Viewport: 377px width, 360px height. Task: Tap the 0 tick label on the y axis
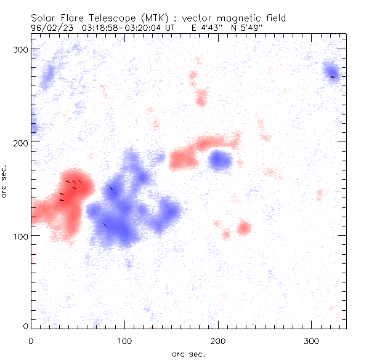(25, 326)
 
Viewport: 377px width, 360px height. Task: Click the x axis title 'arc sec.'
(188, 354)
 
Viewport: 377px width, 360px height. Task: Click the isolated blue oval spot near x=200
(219, 161)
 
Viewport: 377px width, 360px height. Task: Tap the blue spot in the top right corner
(331, 71)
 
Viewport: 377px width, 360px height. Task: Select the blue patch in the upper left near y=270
(47, 77)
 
